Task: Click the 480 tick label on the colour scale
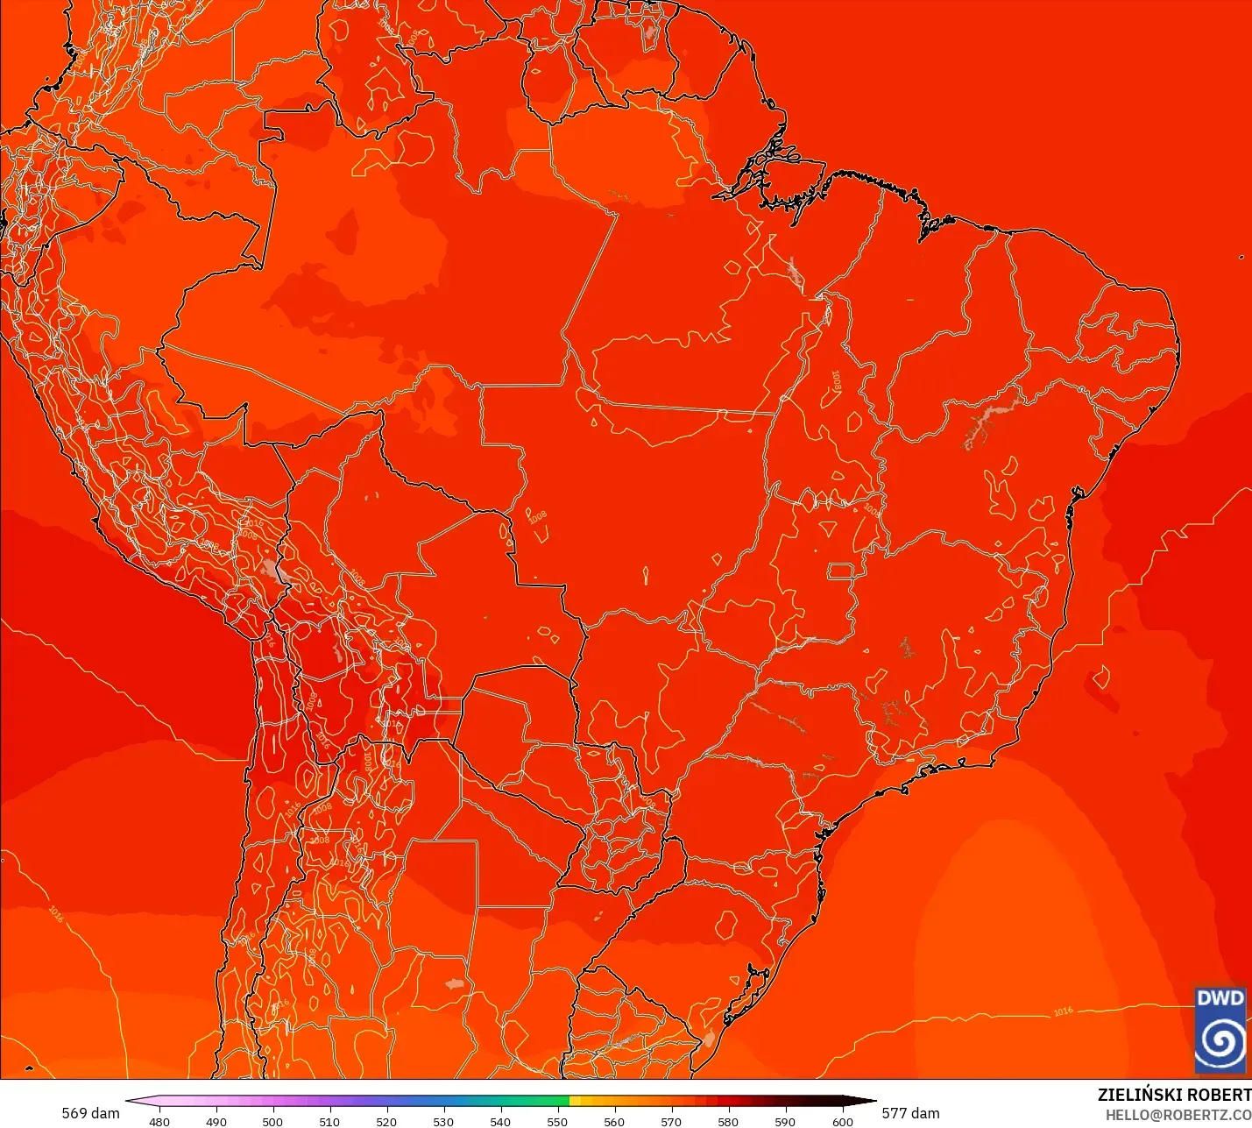tap(159, 1121)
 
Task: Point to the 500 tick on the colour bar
tap(272, 1121)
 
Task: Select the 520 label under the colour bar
tap(386, 1121)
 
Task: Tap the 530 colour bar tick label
tap(443, 1121)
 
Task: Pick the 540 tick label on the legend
tap(500, 1121)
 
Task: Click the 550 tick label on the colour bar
tap(557, 1121)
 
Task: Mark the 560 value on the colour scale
tap(614, 1121)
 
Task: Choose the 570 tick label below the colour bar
tap(671, 1121)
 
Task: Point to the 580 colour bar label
tap(728, 1121)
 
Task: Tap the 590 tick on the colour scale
tap(785, 1121)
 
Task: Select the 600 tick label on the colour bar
tap(842, 1121)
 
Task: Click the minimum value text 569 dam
tap(90, 1113)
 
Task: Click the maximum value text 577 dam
tap(910, 1113)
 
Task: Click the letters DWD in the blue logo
tap(1220, 998)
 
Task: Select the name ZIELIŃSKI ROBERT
tap(1174, 1095)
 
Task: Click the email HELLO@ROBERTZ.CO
tap(1178, 1115)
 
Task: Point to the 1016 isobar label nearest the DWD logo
tap(1063, 1011)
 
